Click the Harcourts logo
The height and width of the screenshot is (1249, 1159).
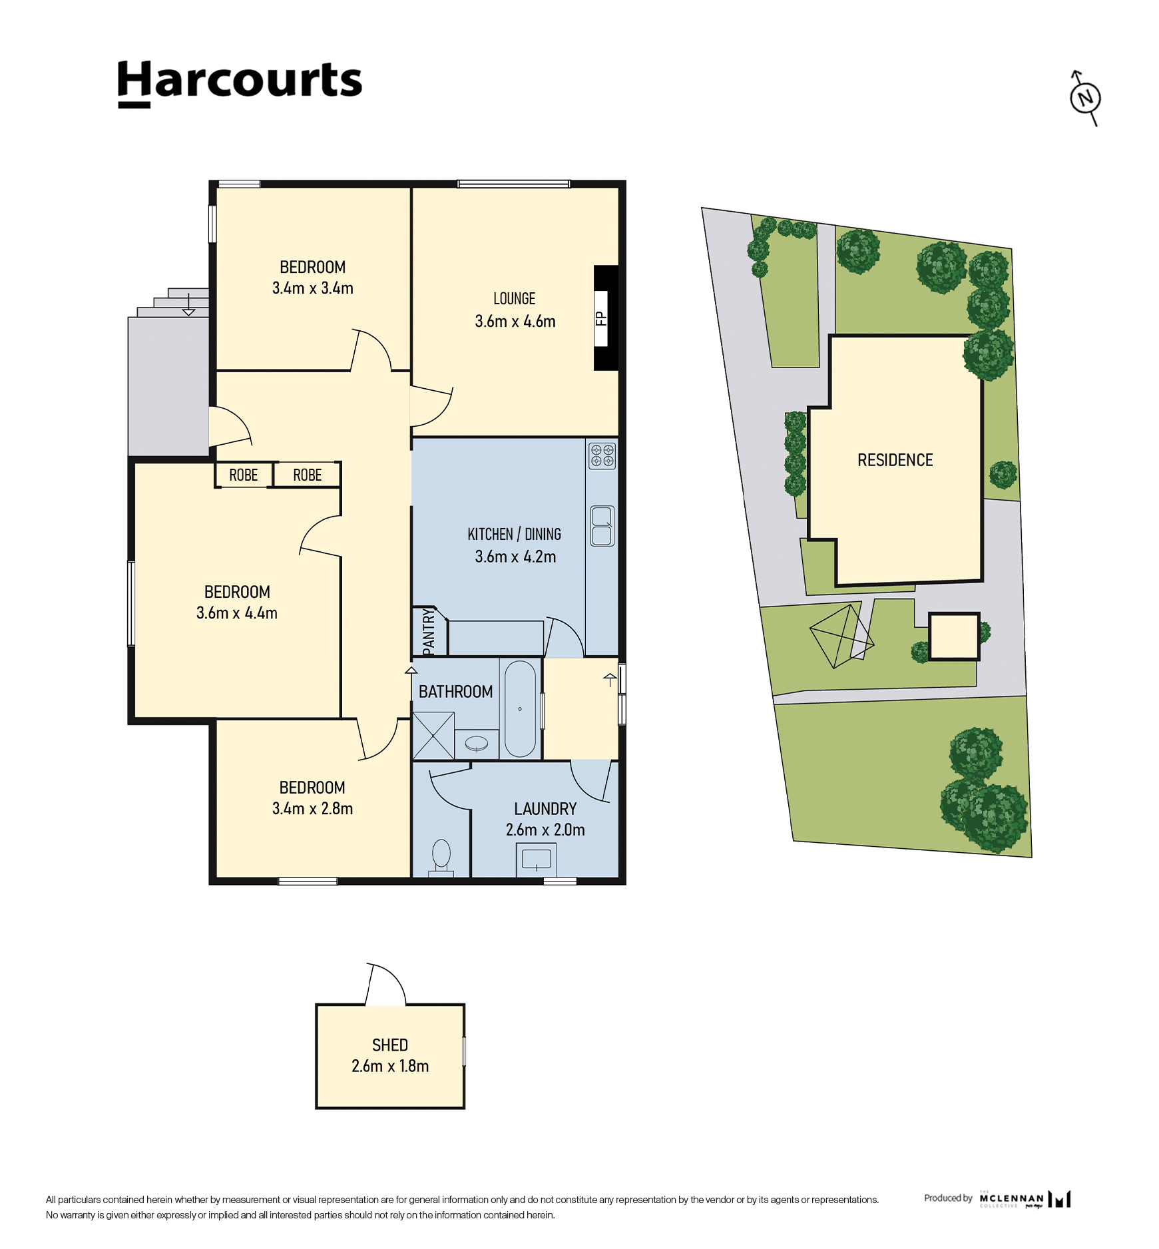tap(240, 83)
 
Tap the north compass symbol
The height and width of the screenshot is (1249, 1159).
tap(1085, 98)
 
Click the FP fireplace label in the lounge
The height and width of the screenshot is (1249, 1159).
tap(601, 319)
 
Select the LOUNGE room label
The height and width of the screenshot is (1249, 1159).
tap(515, 298)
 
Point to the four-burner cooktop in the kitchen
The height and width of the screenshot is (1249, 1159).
tap(602, 456)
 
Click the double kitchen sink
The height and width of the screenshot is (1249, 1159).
tap(602, 526)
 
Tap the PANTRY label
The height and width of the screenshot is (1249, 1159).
tap(429, 632)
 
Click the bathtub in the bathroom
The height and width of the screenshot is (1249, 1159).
tap(520, 708)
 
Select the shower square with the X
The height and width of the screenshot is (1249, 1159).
tap(433, 736)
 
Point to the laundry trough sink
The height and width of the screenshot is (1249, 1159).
tap(536, 860)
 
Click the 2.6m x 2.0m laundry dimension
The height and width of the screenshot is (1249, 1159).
tap(545, 830)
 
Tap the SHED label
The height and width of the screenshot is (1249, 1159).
tap(390, 1045)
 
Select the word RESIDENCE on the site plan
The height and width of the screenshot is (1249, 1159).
tap(895, 460)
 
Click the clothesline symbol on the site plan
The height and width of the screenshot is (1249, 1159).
tap(841, 636)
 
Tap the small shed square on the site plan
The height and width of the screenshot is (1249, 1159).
tap(954, 636)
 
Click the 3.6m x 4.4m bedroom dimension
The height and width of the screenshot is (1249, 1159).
tap(237, 613)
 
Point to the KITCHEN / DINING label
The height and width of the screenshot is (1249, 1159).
tap(514, 534)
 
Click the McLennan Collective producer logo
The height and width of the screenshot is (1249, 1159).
tap(1025, 1199)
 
